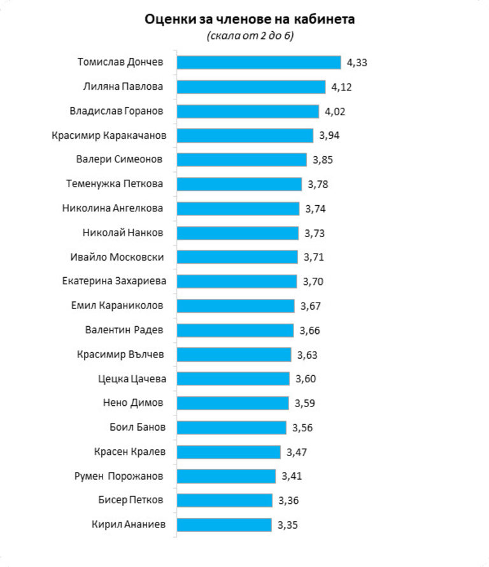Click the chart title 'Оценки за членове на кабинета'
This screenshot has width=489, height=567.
pos(250,19)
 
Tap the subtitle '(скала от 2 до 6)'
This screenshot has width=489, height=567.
pos(250,36)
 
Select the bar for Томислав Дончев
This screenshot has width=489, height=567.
pos(259,62)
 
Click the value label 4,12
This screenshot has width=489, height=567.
pos(341,87)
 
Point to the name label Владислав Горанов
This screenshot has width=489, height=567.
pos(116,111)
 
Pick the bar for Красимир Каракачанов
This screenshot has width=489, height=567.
pos(244,135)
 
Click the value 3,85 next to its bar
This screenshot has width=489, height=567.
pos(322,159)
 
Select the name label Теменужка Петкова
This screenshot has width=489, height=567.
pos(115,184)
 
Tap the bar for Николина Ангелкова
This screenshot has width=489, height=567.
pos(237,208)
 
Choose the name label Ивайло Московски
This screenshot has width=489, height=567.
pos(117,257)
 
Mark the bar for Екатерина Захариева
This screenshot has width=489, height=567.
pos(236,281)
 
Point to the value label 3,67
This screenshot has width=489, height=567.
pos(310,306)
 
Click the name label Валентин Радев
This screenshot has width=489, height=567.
pos(124,330)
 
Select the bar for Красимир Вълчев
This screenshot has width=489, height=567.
pos(234,354)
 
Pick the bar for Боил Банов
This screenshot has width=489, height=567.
pos(231,427)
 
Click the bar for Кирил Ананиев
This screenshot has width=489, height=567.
pos(224,525)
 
